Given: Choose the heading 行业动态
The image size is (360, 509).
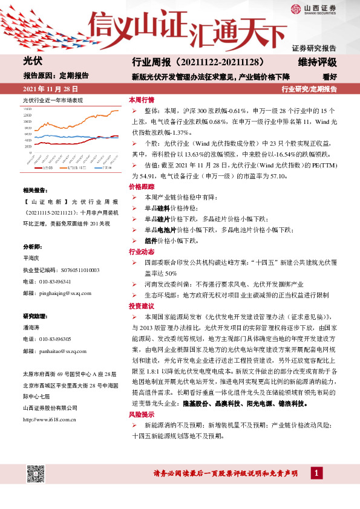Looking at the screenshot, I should click(x=142, y=251).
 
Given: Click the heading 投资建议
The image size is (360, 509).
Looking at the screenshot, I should click(x=142, y=306).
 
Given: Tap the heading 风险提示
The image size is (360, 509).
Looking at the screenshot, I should click(x=142, y=415).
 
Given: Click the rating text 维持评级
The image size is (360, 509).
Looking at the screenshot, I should click(x=318, y=62).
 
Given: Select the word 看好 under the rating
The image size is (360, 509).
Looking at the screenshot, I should click(x=329, y=77).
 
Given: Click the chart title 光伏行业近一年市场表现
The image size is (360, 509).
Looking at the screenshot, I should click(x=52, y=100).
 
